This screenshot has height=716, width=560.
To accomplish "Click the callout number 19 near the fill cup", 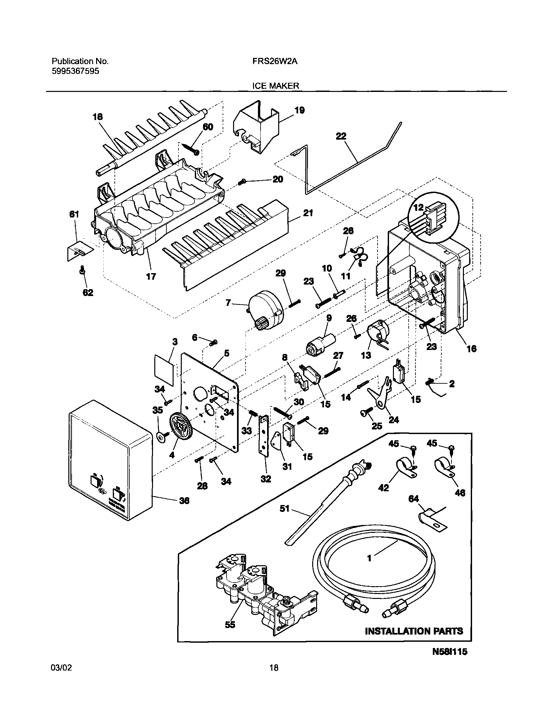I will click(299, 110).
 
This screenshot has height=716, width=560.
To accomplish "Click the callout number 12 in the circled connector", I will click(418, 208).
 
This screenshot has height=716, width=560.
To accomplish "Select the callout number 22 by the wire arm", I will click(341, 136).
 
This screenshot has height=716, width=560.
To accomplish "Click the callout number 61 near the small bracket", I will click(74, 214).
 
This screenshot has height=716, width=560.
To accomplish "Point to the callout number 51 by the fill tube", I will click(284, 508).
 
